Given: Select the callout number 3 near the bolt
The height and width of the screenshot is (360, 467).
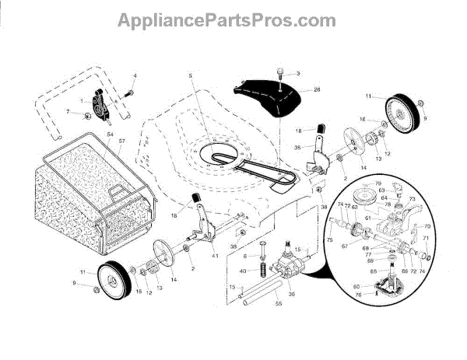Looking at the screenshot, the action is point(297,74).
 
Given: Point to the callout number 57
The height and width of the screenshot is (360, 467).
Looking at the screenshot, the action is point(121,140).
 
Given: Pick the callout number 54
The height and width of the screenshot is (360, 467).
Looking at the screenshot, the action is point(111,135).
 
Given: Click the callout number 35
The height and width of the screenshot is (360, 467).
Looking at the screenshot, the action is point(298,148).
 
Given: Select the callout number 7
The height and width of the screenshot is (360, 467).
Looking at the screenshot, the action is point(67,114).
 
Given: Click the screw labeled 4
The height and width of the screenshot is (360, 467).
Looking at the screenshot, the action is point(128,94).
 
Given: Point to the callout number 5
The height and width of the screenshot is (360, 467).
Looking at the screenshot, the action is point(189,75).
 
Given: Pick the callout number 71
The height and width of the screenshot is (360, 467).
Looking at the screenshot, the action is point(426,239).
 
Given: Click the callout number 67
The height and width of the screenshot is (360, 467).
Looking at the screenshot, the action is point(346,246).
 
